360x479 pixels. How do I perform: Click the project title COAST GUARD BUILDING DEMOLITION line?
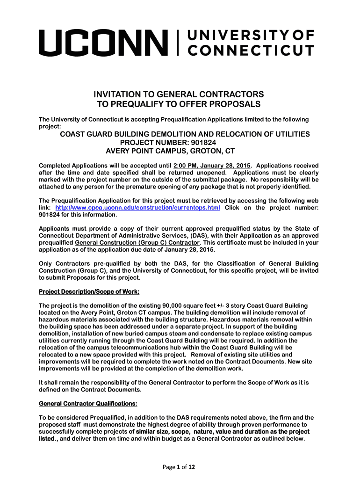(x=185, y=134)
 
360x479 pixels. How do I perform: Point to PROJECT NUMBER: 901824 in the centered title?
(x=169, y=143)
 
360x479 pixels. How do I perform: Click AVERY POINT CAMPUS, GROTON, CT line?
(x=170, y=151)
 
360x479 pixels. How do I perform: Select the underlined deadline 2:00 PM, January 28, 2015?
(x=212, y=166)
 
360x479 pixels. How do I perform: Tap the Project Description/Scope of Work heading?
(x=89, y=292)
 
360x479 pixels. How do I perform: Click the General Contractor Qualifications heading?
(x=88, y=403)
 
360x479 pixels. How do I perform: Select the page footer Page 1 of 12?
(x=180, y=466)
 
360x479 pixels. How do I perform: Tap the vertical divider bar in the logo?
(x=178, y=42)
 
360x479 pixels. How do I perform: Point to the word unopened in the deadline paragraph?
(x=197, y=173)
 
